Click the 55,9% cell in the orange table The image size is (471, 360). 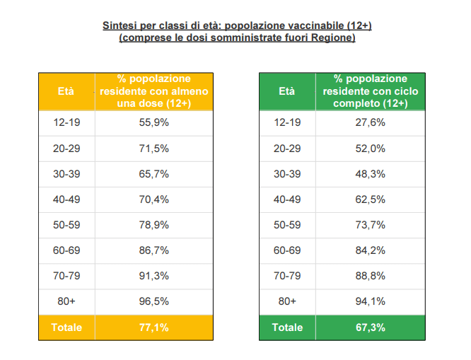click(x=154, y=122)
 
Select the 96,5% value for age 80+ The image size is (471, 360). click(x=154, y=301)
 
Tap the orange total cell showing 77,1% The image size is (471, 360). click(x=154, y=327)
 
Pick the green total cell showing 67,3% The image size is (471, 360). click(x=370, y=327)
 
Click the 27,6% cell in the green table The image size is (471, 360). click(x=370, y=122)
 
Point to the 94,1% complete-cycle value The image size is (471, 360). click(x=370, y=301)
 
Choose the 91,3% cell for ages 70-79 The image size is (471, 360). click(x=154, y=276)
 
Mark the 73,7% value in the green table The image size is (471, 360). click(x=370, y=225)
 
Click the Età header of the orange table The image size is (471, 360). click(x=66, y=91)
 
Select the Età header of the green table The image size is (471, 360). click(x=287, y=91)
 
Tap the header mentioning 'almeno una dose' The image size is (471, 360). click(x=154, y=91)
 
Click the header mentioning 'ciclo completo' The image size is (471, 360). click(x=370, y=91)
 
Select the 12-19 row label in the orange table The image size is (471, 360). click(x=66, y=122)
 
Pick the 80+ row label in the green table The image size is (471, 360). click(x=287, y=301)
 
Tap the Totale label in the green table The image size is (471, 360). click(x=287, y=327)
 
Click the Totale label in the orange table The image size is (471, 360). click(x=66, y=327)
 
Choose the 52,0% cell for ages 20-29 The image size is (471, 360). click(x=370, y=149)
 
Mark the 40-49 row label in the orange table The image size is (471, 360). click(x=66, y=199)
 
